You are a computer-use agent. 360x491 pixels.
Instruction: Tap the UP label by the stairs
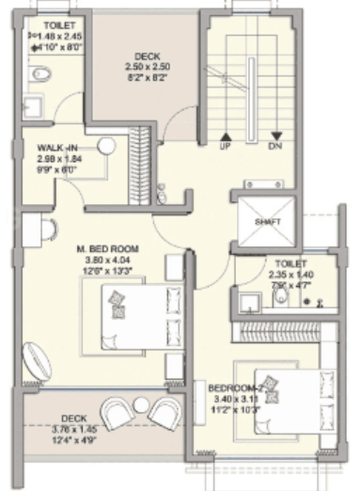coord(226,147)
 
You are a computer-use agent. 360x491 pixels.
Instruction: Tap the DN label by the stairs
coord(274,147)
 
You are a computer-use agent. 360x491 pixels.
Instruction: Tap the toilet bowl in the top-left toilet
coord(39,72)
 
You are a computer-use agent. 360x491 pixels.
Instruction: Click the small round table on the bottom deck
coord(142,404)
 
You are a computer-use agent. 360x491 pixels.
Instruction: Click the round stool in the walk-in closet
coord(106,145)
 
